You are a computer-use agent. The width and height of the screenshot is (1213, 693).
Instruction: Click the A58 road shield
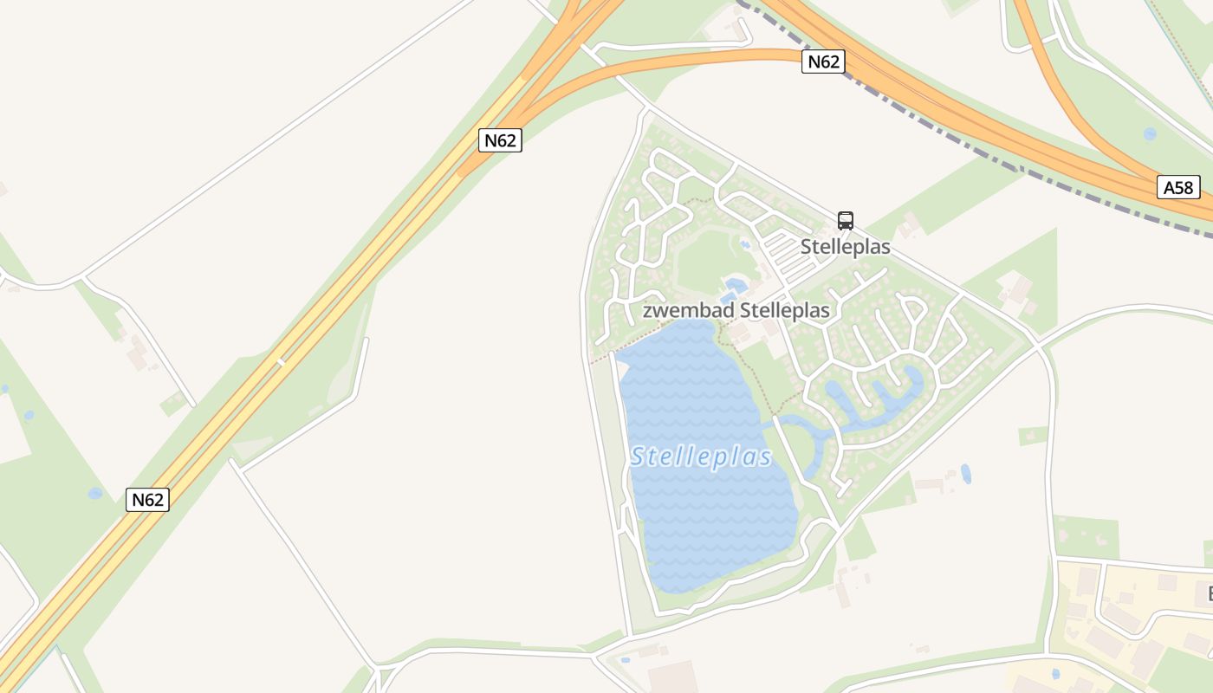click(x=1178, y=187)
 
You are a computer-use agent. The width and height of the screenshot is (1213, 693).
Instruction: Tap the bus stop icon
click(x=846, y=220)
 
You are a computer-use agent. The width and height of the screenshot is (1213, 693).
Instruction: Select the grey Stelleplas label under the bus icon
click(x=845, y=247)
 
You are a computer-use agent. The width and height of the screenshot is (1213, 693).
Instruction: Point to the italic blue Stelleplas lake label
click(x=701, y=457)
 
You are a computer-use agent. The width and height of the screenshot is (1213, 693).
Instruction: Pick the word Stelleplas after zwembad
click(x=778, y=311)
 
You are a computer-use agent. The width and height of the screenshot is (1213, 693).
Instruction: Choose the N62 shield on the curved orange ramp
click(x=822, y=62)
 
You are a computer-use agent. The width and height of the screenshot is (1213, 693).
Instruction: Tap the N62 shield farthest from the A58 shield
click(x=147, y=500)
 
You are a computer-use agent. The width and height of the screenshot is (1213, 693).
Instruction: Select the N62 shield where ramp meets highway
click(x=500, y=140)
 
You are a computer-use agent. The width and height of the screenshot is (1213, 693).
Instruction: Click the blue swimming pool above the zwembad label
click(x=736, y=284)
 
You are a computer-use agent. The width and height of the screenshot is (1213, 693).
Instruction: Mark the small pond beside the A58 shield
click(x=1149, y=134)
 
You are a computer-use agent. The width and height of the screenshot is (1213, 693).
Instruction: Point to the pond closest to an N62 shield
click(x=94, y=494)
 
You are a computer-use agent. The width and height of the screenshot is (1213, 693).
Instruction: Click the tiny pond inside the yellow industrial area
click(x=1054, y=673)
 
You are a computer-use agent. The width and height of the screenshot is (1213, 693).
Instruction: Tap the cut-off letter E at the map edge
click(x=1206, y=594)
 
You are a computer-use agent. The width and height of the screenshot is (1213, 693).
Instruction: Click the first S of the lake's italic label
click(x=639, y=457)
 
